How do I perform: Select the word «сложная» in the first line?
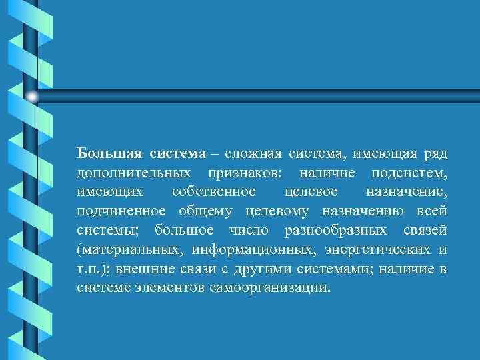pyautogui.click(x=251, y=154)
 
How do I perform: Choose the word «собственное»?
pyautogui.click(x=213, y=192)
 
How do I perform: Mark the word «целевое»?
pyautogui.click(x=310, y=192)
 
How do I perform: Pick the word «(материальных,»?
pyautogui.click(x=128, y=250)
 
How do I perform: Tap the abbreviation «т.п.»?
pyautogui.click(x=89, y=269)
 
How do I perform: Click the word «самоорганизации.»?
pyautogui.click(x=272, y=288)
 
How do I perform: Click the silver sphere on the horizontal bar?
pyautogui.click(x=32, y=97)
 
